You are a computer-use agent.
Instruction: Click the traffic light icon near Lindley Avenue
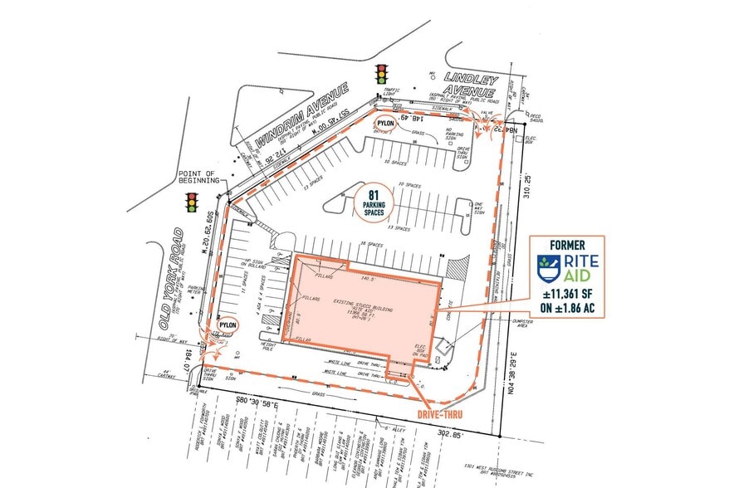tap(382, 73)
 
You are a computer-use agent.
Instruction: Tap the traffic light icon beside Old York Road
tap(192, 202)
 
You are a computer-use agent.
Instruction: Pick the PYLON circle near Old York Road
tap(227, 325)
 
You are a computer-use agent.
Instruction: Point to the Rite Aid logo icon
tap(546, 267)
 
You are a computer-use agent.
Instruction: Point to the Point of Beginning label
tap(198, 177)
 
